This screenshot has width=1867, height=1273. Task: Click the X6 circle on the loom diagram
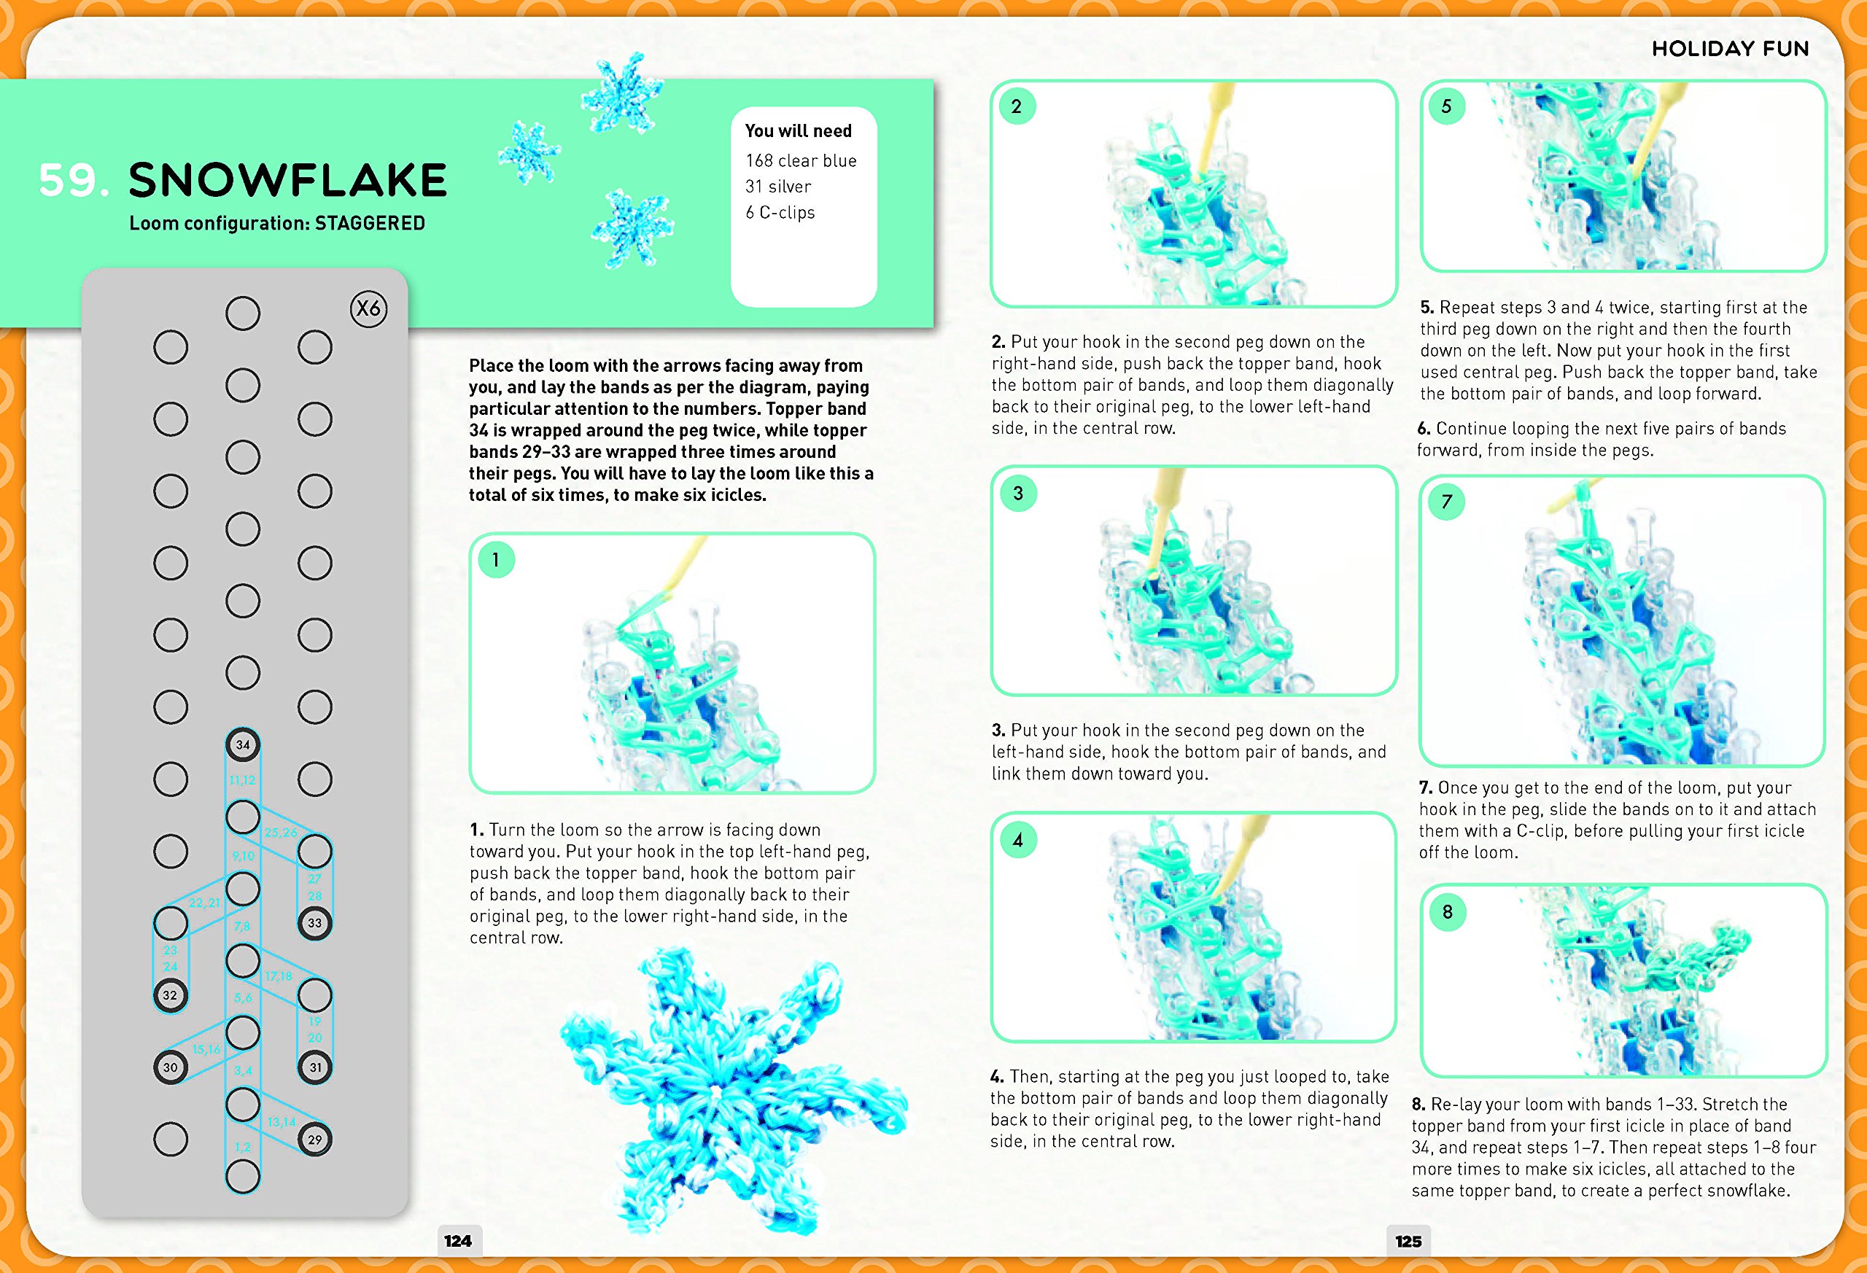(x=369, y=308)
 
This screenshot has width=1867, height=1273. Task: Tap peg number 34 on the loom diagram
(x=243, y=744)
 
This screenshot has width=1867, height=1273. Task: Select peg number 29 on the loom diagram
(x=315, y=1139)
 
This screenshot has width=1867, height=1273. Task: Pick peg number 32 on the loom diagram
(x=171, y=995)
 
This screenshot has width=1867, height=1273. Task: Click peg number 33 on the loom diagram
(x=315, y=923)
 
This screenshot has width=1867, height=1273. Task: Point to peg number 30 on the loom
(x=171, y=1067)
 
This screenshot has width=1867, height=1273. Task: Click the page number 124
(x=458, y=1240)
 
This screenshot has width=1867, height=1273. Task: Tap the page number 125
(x=1408, y=1240)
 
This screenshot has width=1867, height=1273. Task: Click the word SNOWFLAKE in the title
(x=287, y=180)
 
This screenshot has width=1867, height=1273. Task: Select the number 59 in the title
(x=71, y=180)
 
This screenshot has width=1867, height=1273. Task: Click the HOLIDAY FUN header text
(x=1730, y=49)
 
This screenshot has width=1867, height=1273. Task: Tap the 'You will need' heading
(x=798, y=131)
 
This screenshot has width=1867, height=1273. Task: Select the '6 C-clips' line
(x=780, y=212)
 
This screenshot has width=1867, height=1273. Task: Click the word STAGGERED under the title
(x=370, y=223)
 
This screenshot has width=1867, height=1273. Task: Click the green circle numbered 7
(x=1447, y=502)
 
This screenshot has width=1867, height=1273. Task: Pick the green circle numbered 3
(x=1018, y=493)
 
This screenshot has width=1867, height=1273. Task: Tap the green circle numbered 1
(x=496, y=560)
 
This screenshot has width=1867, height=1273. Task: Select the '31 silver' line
(x=777, y=187)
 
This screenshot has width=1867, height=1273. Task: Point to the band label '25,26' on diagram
(x=280, y=832)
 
